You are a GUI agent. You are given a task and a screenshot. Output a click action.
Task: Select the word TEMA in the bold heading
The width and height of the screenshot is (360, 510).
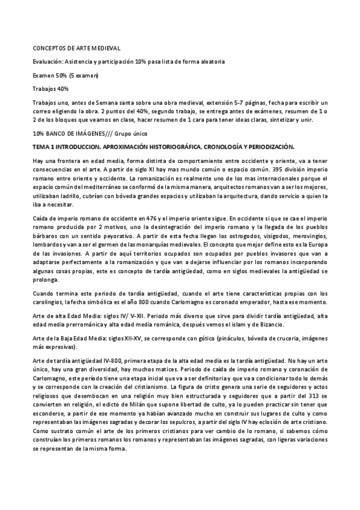(41, 146)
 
